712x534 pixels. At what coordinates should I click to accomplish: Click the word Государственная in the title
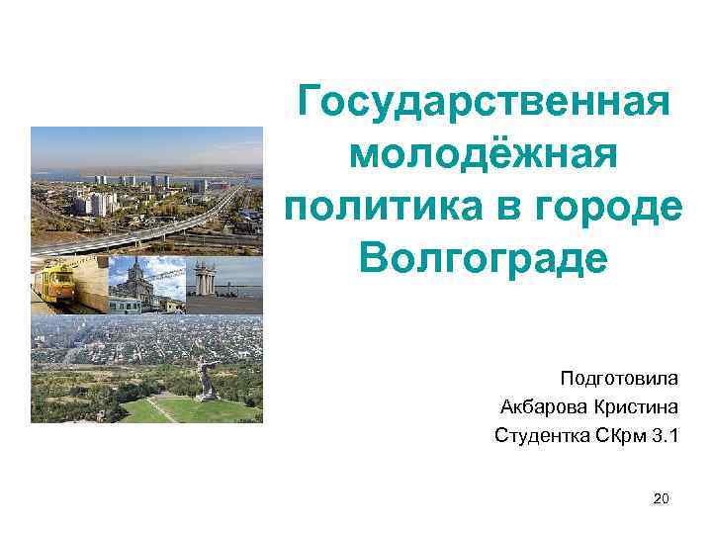pos(484,101)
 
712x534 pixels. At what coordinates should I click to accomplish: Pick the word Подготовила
pos(619,378)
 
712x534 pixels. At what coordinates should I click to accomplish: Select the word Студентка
pos(540,435)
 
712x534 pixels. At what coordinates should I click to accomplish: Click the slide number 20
pos(662,500)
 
